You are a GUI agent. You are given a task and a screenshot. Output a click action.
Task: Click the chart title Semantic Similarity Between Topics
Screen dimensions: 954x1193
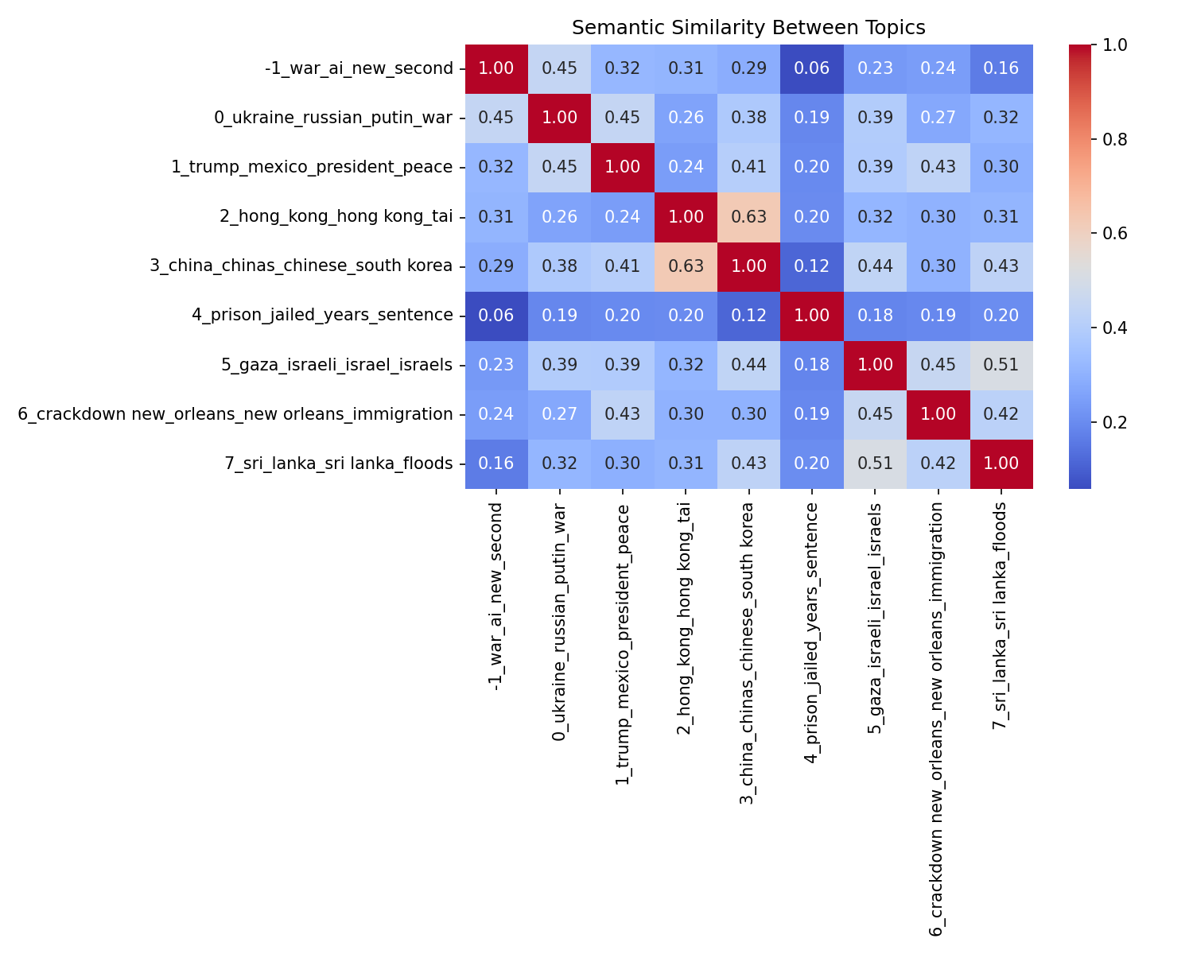pos(748,28)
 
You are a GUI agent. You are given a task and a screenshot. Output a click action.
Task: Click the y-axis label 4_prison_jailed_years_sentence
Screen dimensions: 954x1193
pos(322,315)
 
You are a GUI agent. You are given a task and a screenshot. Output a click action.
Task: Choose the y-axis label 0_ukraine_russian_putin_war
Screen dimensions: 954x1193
pos(333,118)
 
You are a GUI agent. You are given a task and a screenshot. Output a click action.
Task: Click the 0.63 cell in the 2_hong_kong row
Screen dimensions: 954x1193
pos(748,216)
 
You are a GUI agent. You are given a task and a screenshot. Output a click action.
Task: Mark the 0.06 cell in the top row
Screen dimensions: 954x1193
pos(811,68)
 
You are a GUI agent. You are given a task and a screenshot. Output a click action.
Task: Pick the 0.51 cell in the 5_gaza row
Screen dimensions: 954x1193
pos(1001,364)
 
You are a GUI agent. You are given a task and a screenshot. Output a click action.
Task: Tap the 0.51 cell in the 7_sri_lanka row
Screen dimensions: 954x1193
pos(875,463)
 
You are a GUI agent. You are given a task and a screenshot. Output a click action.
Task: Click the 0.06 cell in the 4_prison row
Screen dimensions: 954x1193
pos(496,315)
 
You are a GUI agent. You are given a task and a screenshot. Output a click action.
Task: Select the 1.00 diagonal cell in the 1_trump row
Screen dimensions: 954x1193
pos(623,167)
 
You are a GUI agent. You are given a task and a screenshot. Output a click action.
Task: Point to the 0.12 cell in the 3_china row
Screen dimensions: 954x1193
pos(811,266)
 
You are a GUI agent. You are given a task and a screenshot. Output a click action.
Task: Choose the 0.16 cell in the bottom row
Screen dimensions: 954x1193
pos(496,463)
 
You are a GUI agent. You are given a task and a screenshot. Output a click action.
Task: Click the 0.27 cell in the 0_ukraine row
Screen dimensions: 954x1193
pos(938,118)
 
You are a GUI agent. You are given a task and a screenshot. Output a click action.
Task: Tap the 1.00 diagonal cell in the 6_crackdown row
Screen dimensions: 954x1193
pos(938,413)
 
